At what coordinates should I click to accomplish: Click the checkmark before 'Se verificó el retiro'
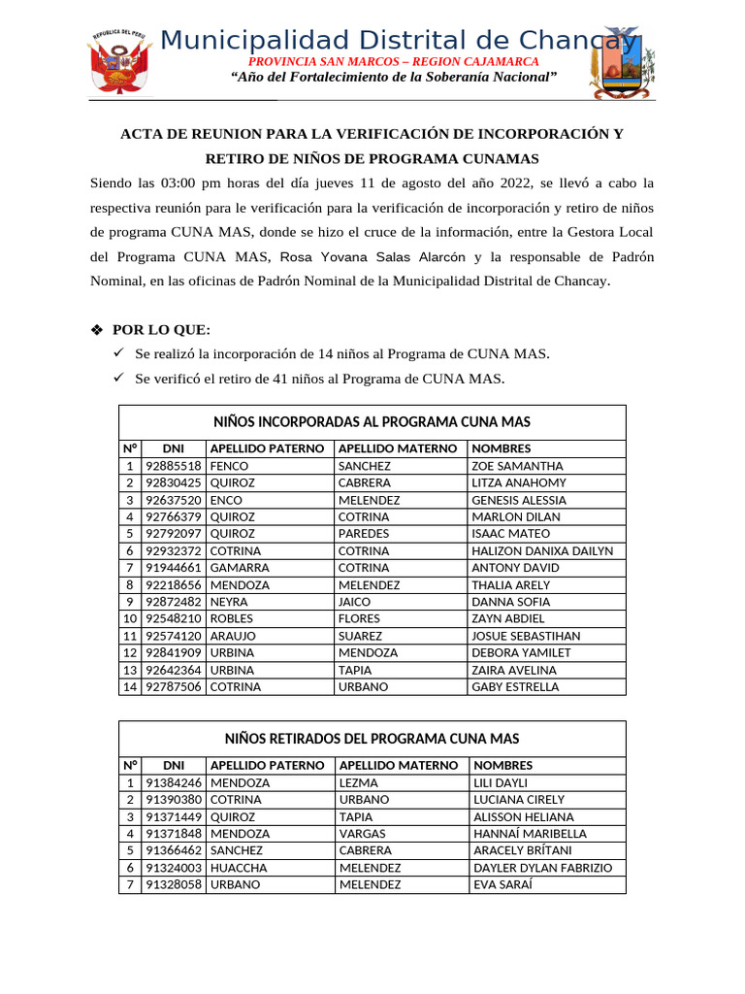(120, 379)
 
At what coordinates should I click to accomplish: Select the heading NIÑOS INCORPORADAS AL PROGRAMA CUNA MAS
(372, 421)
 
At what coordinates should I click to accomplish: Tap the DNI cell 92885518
(174, 466)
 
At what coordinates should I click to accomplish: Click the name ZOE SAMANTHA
(517, 466)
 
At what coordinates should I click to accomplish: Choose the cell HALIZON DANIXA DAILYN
(542, 550)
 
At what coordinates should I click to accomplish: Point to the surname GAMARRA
(240, 568)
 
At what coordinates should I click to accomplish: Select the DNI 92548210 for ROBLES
(174, 618)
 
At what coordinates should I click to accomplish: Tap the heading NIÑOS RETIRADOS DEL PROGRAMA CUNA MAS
(372, 739)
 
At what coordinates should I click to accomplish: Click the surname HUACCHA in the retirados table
(239, 868)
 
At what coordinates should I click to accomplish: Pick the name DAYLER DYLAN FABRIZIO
(543, 868)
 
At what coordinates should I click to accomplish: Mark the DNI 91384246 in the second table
(174, 782)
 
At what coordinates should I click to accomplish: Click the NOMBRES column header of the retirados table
(502, 765)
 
